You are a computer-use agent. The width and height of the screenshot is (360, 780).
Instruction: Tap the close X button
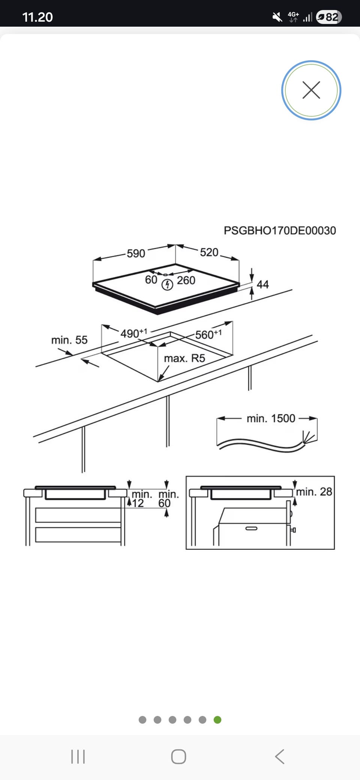pyautogui.click(x=311, y=90)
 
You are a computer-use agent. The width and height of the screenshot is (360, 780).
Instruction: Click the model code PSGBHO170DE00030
pyautogui.click(x=280, y=230)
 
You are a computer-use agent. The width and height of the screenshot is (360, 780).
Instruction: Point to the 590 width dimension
pyautogui.click(x=136, y=253)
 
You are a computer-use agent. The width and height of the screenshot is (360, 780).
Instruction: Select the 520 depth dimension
pyautogui.click(x=209, y=252)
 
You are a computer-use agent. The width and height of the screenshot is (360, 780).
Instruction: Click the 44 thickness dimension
pyautogui.click(x=262, y=284)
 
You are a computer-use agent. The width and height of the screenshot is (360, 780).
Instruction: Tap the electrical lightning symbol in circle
pyautogui.click(x=167, y=285)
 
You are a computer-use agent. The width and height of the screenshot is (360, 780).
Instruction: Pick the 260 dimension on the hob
pyautogui.click(x=186, y=280)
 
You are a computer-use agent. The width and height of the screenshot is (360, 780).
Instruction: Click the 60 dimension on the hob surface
pyautogui.click(x=151, y=280)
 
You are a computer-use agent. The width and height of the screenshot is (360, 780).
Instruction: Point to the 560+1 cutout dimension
pyautogui.click(x=208, y=334)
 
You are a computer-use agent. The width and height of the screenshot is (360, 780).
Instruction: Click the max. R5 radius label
pyautogui.click(x=184, y=358)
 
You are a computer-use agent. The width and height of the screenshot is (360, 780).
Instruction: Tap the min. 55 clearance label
pyautogui.click(x=69, y=340)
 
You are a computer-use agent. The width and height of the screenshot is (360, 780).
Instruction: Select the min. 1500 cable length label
pyautogui.click(x=271, y=418)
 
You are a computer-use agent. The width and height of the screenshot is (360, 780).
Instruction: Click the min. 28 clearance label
pyautogui.click(x=314, y=492)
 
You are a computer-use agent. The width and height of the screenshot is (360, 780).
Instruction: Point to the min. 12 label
pyautogui.click(x=140, y=499)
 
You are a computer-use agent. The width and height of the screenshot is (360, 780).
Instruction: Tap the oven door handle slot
pyautogui.click(x=251, y=528)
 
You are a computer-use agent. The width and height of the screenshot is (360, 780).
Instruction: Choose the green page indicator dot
pyautogui.click(x=217, y=720)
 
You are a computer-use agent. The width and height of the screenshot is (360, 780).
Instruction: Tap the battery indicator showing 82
pyautogui.click(x=329, y=17)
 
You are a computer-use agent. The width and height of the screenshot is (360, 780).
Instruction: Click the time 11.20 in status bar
pyautogui.click(x=37, y=17)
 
